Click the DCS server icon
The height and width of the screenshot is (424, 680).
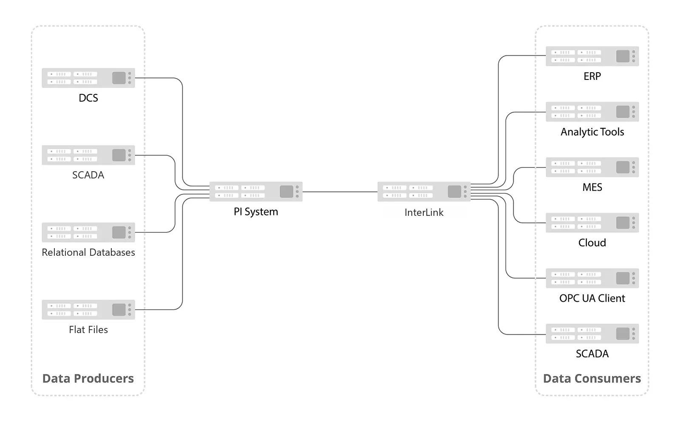click(88, 78)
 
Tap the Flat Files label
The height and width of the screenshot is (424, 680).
click(88, 330)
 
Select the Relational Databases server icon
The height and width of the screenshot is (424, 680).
click(88, 232)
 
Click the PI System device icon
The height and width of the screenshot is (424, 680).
click(256, 192)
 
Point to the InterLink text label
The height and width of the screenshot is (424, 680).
click(424, 212)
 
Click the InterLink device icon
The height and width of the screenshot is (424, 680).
click(424, 192)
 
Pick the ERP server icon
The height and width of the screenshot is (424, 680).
click(592, 56)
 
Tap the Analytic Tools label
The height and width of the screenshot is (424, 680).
click(592, 132)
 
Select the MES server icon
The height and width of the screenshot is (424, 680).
click(592, 167)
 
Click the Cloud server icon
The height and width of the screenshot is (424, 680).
click(592, 223)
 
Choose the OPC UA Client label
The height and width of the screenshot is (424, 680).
click(592, 298)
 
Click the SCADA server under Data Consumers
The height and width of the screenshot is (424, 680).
click(592, 334)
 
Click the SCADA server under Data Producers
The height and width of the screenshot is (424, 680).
click(88, 155)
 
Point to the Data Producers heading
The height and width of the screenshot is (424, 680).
click(88, 379)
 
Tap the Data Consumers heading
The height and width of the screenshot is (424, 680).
click(592, 379)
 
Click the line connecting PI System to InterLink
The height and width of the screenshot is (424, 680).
click(340, 192)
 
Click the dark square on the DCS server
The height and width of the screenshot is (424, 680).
click(119, 78)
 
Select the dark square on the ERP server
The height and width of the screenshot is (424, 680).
click(623, 56)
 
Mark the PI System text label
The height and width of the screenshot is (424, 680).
click(256, 212)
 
